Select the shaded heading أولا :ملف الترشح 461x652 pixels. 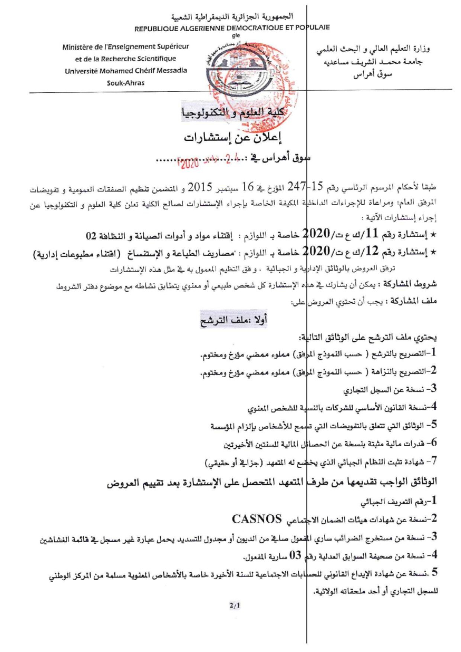pos(234,319)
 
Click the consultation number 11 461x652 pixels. pos(372,234)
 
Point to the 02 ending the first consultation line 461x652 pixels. pos(91,236)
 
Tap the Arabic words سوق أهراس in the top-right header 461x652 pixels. pos(373,75)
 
